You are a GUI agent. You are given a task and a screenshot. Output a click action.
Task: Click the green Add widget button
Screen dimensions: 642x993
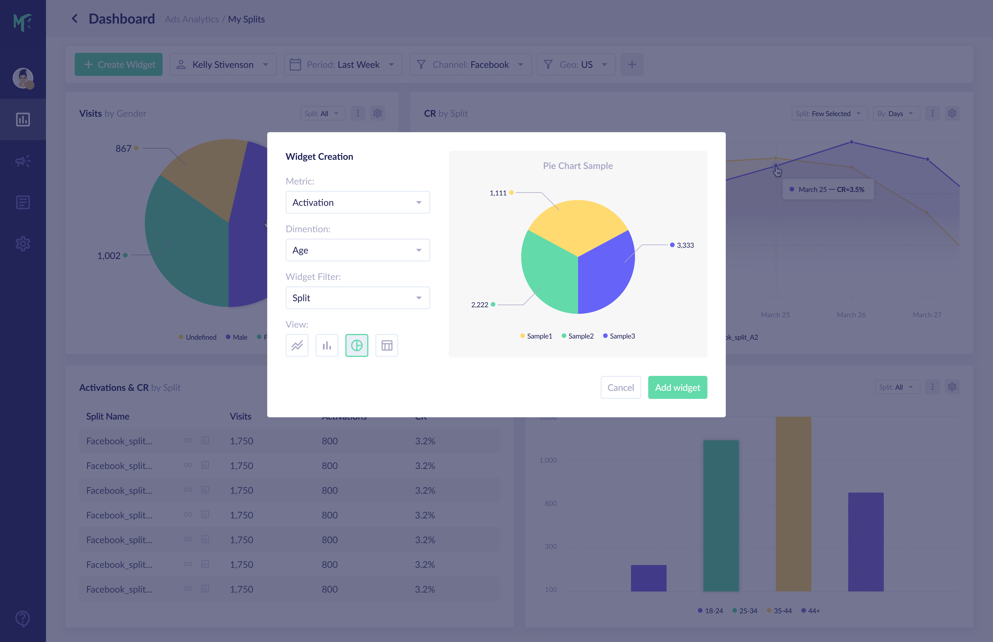(677, 387)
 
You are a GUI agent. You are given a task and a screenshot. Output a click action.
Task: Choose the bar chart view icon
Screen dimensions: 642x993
(327, 345)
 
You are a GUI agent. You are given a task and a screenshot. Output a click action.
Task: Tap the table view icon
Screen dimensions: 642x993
(387, 345)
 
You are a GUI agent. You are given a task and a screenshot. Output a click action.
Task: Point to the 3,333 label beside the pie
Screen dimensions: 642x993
(685, 245)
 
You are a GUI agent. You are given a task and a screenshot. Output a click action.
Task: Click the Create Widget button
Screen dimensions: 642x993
(119, 65)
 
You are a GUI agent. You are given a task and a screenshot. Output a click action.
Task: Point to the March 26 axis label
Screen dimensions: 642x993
(851, 315)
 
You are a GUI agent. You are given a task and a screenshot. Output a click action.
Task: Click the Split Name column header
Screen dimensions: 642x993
(107, 416)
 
